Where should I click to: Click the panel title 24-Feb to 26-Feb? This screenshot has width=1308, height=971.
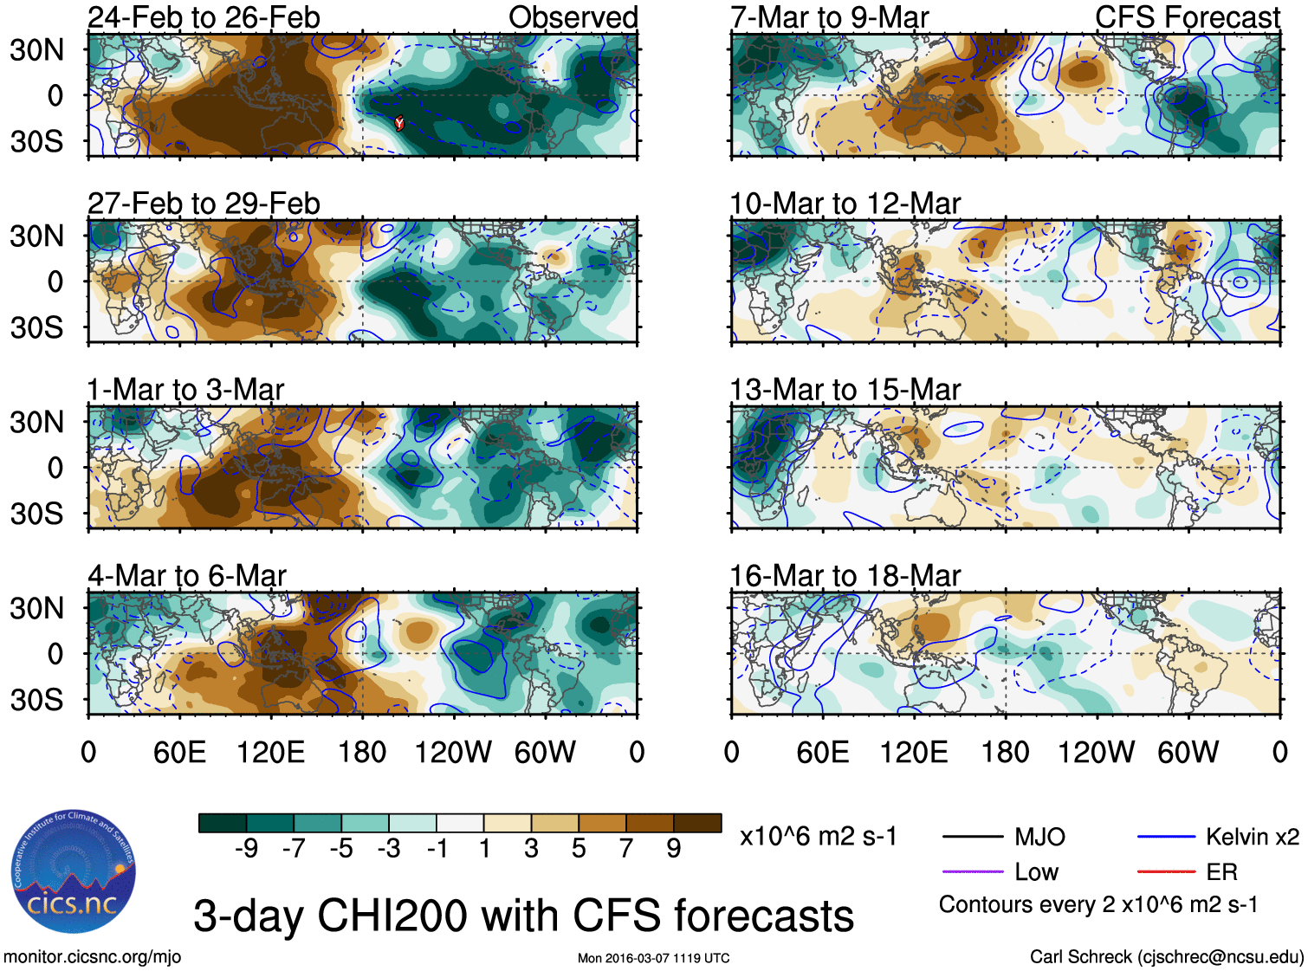[204, 17]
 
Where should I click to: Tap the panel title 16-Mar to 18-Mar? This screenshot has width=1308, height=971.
[845, 576]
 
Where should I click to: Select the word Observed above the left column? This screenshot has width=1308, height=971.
[573, 17]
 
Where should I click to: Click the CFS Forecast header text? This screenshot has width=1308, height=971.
[1187, 17]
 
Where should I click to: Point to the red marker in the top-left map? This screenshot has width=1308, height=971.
[399, 123]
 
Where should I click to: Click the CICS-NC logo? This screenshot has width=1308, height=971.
[74, 872]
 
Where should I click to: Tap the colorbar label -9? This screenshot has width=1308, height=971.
[246, 849]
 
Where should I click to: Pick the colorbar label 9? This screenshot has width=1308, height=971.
[673, 849]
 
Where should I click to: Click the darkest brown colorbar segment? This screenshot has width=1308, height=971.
[697, 823]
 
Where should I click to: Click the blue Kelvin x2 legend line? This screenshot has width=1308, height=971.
[1166, 838]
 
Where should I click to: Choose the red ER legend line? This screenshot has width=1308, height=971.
[1166, 872]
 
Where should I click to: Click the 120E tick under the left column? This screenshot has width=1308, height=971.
[270, 752]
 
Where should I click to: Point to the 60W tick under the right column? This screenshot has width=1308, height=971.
[1188, 752]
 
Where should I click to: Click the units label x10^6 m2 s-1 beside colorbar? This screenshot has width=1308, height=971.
[818, 837]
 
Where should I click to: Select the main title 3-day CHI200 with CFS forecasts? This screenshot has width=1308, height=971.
[523, 916]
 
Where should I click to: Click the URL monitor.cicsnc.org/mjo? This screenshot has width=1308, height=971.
[93, 957]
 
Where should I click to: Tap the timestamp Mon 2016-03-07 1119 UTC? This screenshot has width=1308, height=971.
[653, 958]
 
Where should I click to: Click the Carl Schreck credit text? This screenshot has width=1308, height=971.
[1166, 957]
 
